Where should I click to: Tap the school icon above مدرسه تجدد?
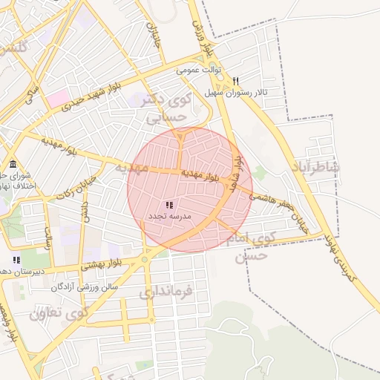click(169, 205)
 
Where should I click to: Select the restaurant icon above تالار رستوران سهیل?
click(236, 80)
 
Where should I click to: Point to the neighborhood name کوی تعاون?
click(59, 312)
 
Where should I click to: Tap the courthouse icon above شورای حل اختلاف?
click(13, 164)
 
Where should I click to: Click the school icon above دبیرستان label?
click(16, 260)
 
